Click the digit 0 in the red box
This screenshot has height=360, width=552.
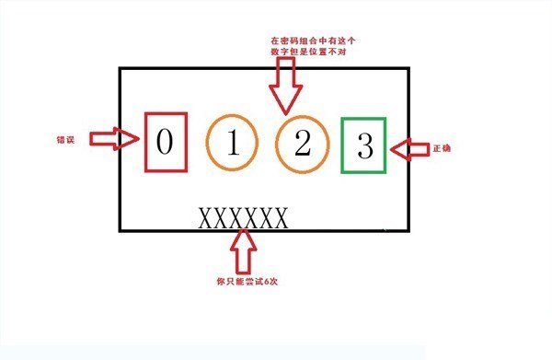point(166,142)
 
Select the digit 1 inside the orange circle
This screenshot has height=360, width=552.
point(233,143)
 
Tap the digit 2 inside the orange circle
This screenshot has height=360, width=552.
point(302,143)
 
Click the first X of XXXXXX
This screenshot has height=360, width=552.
point(206,218)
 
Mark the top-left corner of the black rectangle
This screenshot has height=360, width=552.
point(120,67)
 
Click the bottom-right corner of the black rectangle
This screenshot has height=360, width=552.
point(409,231)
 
